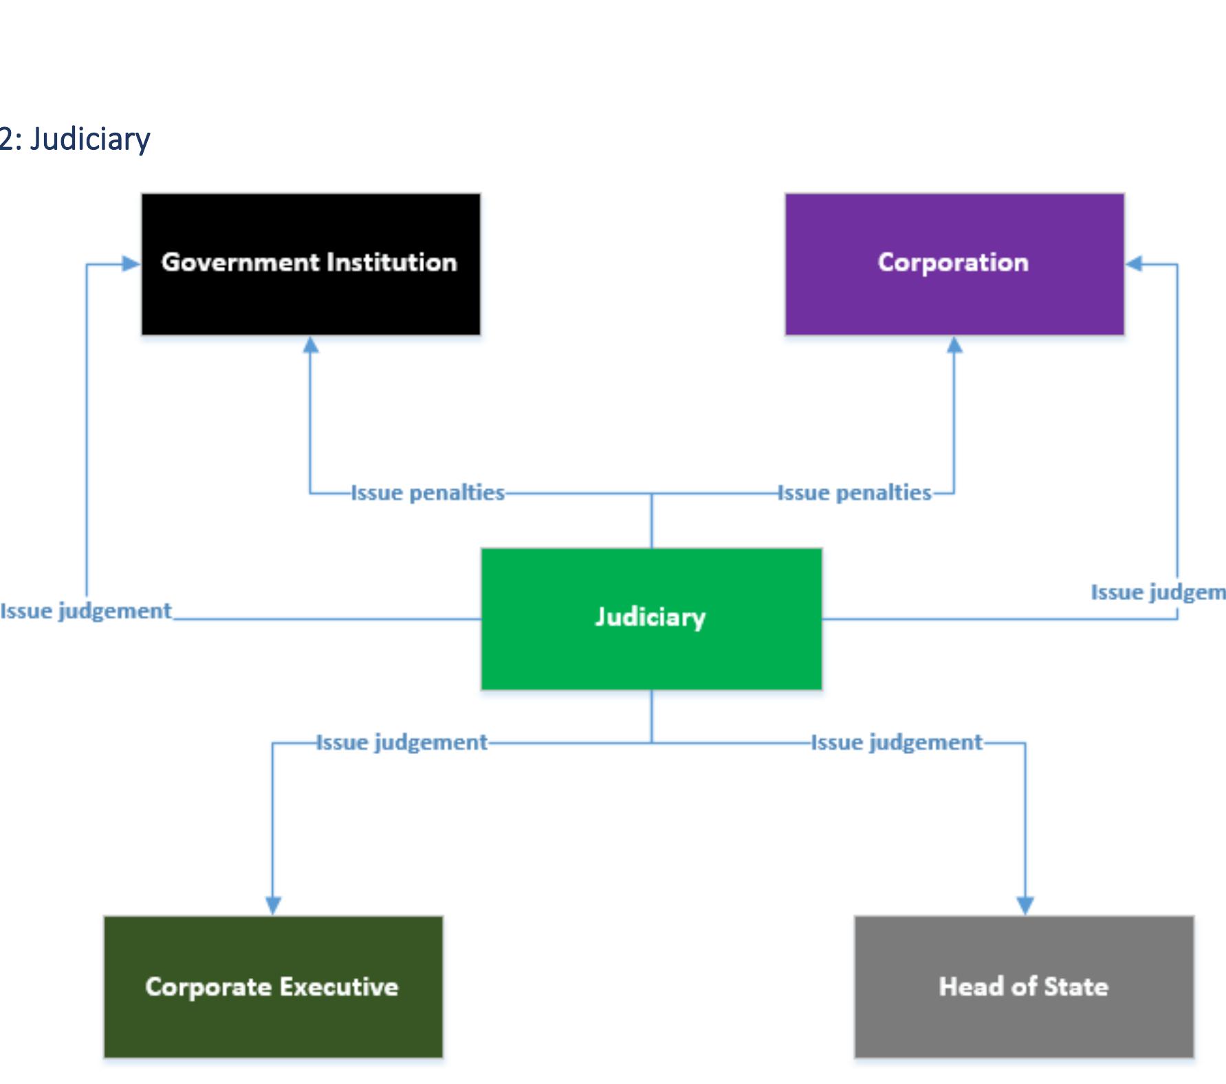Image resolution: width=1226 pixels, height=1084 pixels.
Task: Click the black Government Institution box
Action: (311, 264)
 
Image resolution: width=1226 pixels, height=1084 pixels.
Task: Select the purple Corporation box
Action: (954, 264)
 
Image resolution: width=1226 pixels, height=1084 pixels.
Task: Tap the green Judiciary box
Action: (651, 619)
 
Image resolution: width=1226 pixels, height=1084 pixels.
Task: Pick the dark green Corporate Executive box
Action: (273, 986)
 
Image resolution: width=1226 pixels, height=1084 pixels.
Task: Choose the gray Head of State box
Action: (1024, 986)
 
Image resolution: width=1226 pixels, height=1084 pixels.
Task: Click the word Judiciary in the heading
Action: (90, 140)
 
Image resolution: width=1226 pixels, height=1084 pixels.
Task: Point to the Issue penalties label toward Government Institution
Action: (428, 493)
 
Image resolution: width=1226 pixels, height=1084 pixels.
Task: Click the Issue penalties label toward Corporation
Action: (854, 493)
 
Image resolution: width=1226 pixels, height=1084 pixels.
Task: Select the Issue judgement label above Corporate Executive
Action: (402, 742)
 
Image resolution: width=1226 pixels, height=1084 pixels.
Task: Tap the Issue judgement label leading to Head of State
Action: (897, 742)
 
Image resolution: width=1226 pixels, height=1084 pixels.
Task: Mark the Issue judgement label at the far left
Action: (86, 611)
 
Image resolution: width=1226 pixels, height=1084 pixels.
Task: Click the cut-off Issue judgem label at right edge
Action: (1158, 593)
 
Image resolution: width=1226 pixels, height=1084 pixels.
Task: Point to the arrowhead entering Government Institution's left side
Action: (131, 264)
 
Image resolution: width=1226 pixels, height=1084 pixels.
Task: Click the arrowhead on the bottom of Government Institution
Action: (311, 345)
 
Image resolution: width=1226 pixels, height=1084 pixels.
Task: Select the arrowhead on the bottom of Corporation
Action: (954, 345)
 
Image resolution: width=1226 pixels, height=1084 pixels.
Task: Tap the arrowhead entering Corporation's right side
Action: (1135, 264)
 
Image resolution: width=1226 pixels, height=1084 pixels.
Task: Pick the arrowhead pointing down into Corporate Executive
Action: (273, 905)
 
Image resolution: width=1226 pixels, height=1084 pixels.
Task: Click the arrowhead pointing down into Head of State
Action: (1025, 905)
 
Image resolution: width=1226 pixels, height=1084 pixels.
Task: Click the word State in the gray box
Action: (1076, 986)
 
